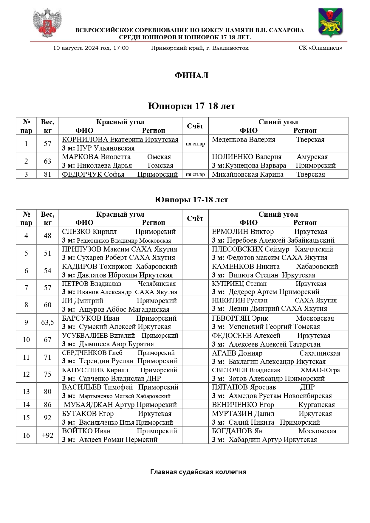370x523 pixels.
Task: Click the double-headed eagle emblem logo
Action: coord(47,23)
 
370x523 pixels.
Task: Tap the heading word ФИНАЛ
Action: coord(191,75)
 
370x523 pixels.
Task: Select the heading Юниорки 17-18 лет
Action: coord(191,106)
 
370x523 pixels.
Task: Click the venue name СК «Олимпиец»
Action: coord(320,48)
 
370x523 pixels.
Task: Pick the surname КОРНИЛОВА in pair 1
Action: coord(85,139)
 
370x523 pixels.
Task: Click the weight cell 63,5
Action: coord(48,322)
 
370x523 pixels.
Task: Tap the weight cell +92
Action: coord(48,435)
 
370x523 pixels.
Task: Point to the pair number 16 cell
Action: coord(26,435)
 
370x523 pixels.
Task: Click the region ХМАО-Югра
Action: coord(320,370)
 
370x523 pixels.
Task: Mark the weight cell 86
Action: coord(48,405)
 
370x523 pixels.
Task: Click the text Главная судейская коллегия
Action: coord(198,472)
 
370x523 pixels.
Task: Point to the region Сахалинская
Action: coord(320,353)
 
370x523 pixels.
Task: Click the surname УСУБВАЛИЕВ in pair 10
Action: coord(85,336)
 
